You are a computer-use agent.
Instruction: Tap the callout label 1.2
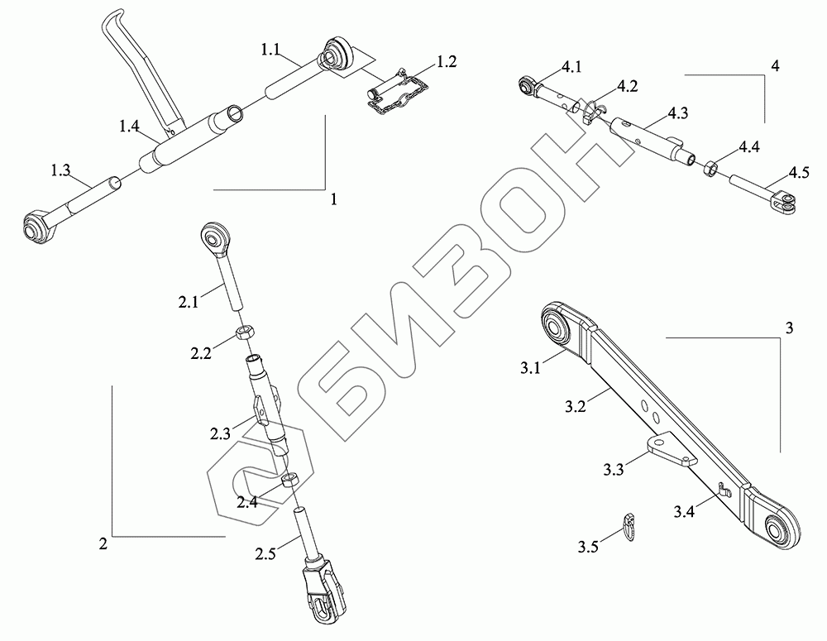447,61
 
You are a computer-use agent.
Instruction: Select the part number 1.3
60,169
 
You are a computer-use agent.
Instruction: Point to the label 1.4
129,126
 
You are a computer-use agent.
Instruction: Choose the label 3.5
589,546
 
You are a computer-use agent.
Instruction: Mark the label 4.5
798,173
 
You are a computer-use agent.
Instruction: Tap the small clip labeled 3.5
629,525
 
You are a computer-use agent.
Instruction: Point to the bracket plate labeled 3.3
666,450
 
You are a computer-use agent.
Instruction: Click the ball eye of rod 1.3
36,225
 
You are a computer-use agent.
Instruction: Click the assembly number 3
790,328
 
